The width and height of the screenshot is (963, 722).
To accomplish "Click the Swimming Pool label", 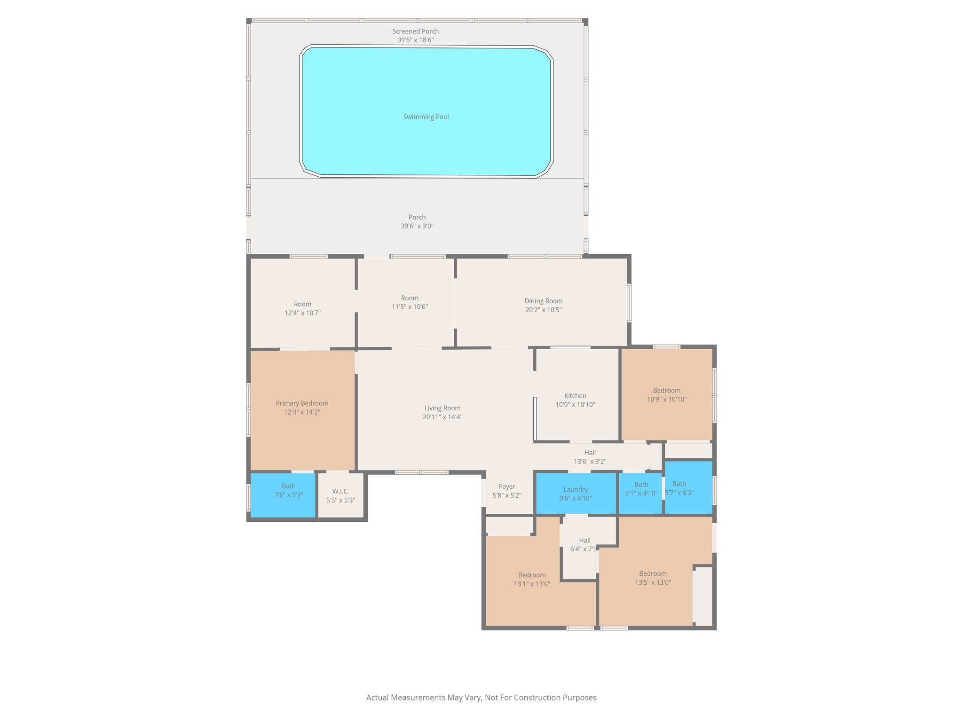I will (x=426, y=117).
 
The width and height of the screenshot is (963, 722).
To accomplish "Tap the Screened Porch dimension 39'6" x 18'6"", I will (x=415, y=40).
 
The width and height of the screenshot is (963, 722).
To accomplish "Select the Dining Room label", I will (x=543, y=301).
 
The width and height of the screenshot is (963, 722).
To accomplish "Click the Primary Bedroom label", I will (x=302, y=403).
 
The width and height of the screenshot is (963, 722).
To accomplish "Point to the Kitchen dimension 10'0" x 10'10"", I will (x=575, y=405).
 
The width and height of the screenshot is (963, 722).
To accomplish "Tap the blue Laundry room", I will (x=576, y=494).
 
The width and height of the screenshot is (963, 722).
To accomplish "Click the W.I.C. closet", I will (x=340, y=495).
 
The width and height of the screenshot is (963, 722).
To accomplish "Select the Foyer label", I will (x=507, y=487).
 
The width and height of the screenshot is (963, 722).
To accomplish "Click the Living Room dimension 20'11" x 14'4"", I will (x=442, y=417).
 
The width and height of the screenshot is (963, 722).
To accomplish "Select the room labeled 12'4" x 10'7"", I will (x=302, y=308).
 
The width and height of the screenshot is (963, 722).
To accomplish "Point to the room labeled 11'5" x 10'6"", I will (x=410, y=302).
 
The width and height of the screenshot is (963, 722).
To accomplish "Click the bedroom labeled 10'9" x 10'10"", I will (x=666, y=395).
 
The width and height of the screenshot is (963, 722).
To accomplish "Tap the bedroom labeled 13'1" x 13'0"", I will (x=532, y=580).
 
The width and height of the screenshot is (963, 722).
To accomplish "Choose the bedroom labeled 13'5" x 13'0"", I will (x=653, y=578).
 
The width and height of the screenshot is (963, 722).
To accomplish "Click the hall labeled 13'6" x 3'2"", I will (x=590, y=457).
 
